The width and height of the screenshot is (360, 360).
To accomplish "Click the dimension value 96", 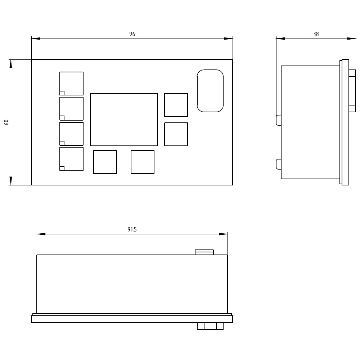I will pyautogui.click(x=132, y=34).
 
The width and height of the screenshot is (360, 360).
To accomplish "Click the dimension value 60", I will pyautogui.click(x=6, y=122).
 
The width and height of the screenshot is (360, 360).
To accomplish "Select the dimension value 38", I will pyautogui.click(x=316, y=34).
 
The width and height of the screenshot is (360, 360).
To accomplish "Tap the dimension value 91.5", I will pyautogui.click(x=132, y=230).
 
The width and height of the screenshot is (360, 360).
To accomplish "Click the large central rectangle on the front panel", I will pyautogui.click(x=124, y=120).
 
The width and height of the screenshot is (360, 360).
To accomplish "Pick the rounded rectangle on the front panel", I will pyautogui.click(x=210, y=91).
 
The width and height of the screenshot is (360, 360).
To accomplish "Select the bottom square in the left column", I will pyautogui.click(x=72, y=159).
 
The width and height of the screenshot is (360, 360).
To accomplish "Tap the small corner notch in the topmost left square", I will pyautogui.click(x=62, y=93).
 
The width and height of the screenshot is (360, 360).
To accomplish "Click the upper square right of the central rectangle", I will pyautogui.click(x=176, y=105).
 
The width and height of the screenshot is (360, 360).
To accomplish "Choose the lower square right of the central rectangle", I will pyautogui.click(x=176, y=134).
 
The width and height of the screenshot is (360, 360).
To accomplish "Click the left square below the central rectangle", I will pyautogui.click(x=105, y=162).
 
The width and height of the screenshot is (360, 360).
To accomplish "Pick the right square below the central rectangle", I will pyautogui.click(x=143, y=162).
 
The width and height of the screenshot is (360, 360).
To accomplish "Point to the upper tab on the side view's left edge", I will pyautogui.click(x=279, y=120).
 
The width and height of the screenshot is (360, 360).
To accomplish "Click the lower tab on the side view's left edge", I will pyautogui.click(x=279, y=164).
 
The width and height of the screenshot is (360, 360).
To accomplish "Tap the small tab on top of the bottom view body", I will pyautogui.click(x=204, y=252).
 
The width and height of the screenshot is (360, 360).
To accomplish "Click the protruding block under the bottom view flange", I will pyautogui.click(x=210, y=326).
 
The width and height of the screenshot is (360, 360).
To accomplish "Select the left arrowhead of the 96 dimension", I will pyautogui.click(x=36, y=39).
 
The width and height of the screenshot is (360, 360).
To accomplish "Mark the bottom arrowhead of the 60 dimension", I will pyautogui.click(x=11, y=181).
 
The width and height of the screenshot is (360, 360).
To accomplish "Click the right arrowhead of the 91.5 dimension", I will pyautogui.click(x=223, y=234).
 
